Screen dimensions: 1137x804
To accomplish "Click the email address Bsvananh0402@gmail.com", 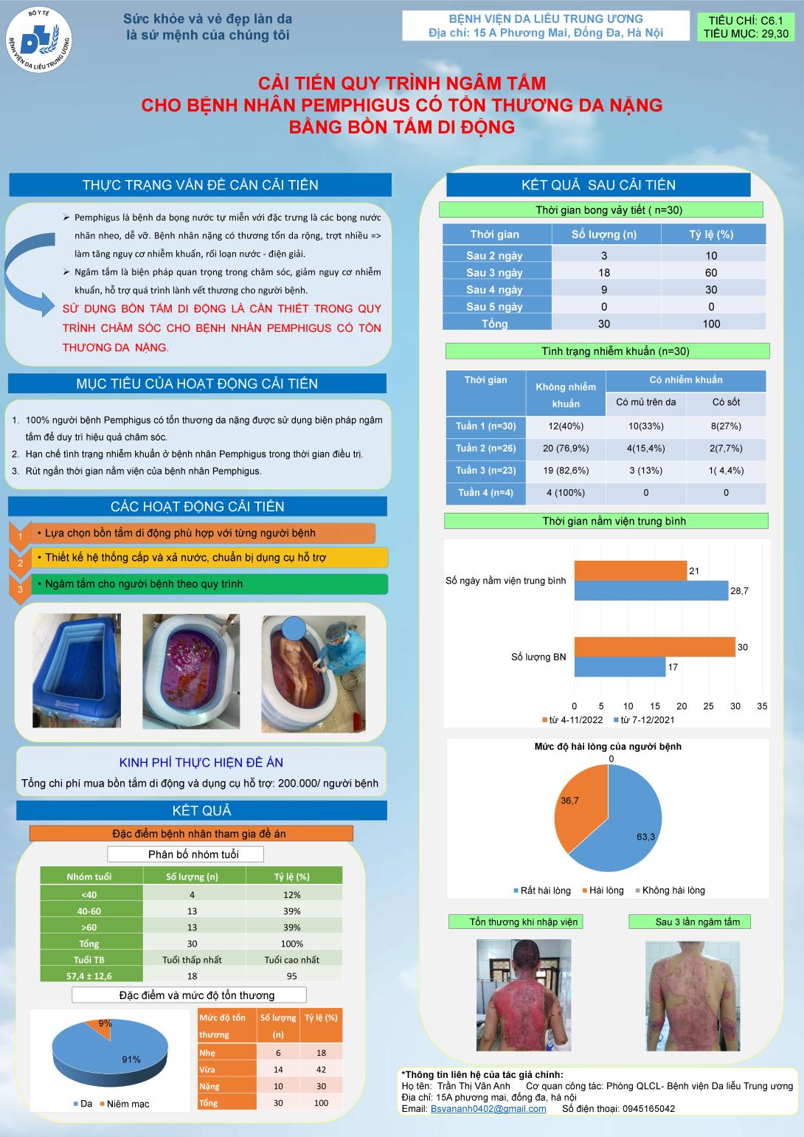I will pos(488,1108).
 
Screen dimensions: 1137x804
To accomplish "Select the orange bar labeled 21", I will pos(631,570).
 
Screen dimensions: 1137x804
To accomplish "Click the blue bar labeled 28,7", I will pos(651,590).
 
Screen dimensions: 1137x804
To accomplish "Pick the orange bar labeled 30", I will pos(654,647).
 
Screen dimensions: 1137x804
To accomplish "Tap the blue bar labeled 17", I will pos(620,667).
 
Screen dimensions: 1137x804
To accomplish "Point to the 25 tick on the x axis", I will pos(708,706).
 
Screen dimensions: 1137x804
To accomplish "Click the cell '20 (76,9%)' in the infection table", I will pos(566,448).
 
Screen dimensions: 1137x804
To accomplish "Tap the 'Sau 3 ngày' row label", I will pos(494,273).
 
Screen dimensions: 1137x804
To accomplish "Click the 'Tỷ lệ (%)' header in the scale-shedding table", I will pos(711,235).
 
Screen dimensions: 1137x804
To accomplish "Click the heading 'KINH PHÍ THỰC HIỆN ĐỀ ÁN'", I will pos(201,763).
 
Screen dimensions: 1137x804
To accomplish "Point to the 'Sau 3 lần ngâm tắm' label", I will pos(697,922).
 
